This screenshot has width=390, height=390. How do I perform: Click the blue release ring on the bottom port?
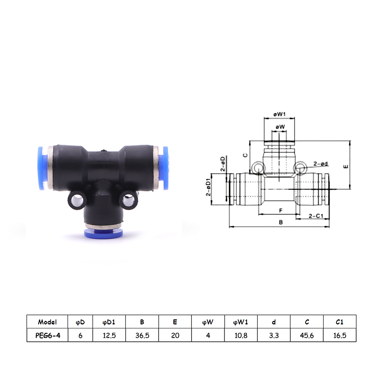tap(103, 233)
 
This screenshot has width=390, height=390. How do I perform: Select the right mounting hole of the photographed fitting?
tap(128, 200)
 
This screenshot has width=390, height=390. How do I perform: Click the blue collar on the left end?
tap(42, 168)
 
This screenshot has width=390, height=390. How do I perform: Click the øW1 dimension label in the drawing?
tap(279, 114)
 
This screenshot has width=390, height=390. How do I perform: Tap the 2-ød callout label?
tap(321, 164)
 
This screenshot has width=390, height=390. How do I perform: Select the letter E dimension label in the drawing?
tap(346, 167)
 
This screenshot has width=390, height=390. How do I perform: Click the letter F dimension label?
tap(281, 211)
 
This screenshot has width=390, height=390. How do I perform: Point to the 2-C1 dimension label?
tap(316, 216)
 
